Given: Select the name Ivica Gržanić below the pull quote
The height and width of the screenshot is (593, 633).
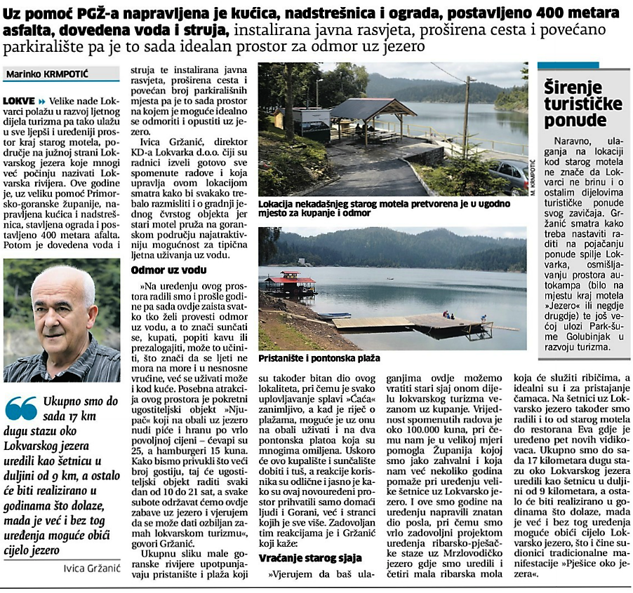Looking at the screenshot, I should pyautogui.click(x=88, y=568).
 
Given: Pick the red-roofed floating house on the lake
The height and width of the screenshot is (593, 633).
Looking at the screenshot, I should pyautogui.click(x=289, y=282).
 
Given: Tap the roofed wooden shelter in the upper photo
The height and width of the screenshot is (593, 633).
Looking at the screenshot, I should pyautogui.click(x=363, y=116).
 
